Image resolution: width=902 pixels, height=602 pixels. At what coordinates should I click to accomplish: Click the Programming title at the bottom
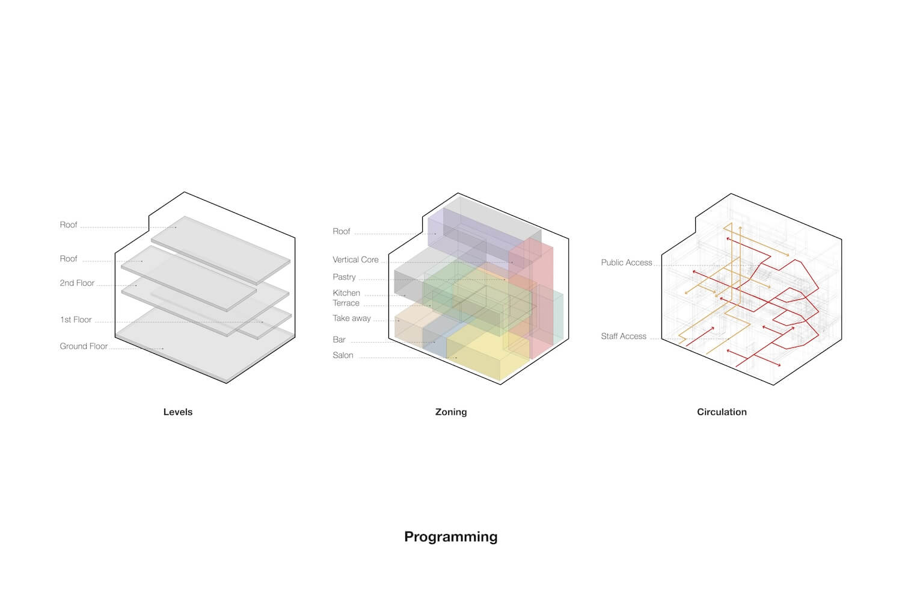(450, 536)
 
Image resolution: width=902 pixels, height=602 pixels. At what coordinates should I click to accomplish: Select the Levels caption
(177, 412)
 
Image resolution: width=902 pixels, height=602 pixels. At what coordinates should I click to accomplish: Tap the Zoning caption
(450, 412)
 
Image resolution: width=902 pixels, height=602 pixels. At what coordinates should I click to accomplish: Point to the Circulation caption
(722, 412)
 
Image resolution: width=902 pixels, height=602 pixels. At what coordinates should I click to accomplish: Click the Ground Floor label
(84, 346)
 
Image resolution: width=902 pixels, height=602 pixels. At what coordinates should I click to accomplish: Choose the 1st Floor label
(76, 320)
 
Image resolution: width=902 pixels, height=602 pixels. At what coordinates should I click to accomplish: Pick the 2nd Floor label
(77, 283)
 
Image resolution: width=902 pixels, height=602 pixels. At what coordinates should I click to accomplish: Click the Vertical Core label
(355, 259)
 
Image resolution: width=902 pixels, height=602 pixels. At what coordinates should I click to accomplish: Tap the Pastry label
(344, 277)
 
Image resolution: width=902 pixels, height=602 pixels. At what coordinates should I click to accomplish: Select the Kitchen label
(346, 293)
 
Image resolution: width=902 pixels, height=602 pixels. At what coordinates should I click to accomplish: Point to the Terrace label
(346, 303)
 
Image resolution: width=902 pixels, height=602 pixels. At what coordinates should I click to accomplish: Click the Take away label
(352, 318)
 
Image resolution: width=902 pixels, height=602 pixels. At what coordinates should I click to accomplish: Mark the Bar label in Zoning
(339, 340)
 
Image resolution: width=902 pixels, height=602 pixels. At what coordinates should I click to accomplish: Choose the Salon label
(343, 355)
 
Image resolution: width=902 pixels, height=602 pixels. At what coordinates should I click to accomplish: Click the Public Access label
(626, 262)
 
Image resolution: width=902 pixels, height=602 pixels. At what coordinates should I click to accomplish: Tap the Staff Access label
(624, 336)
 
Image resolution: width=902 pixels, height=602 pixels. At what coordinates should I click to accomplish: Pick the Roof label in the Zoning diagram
(341, 231)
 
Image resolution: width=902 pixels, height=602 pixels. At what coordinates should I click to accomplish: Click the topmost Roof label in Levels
(69, 225)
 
